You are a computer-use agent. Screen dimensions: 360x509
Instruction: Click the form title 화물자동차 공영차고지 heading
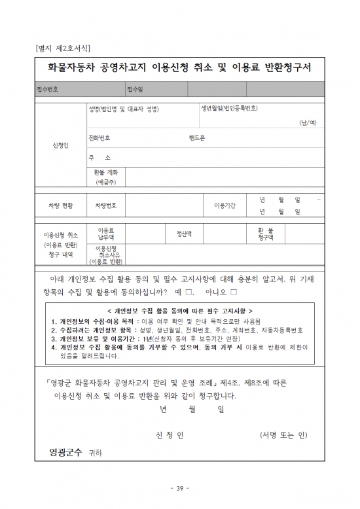[x=180, y=67]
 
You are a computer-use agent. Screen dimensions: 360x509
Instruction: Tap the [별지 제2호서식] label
[x=62, y=47]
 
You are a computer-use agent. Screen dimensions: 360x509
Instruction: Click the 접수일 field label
[x=135, y=89]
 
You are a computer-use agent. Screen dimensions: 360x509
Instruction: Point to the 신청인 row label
[x=60, y=145]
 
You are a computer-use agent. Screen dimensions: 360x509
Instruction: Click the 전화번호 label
[x=99, y=138]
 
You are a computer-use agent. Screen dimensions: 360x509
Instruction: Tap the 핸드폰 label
[x=197, y=138]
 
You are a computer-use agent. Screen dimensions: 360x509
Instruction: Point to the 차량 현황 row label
[x=60, y=205]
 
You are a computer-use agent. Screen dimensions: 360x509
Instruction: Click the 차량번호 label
[x=106, y=205]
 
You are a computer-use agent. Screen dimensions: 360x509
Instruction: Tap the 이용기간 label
[x=225, y=205]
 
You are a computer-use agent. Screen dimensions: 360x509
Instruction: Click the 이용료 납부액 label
[x=106, y=234]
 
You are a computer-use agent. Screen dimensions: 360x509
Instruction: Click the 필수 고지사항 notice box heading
[x=179, y=311]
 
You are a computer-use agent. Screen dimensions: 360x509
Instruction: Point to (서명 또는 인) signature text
[x=283, y=435]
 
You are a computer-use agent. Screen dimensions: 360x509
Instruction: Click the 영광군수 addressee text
[x=66, y=452]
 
